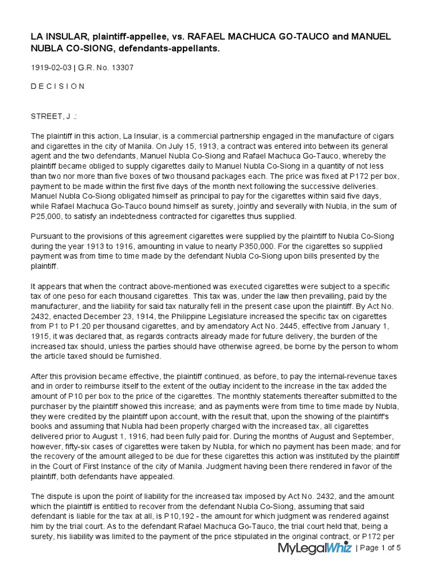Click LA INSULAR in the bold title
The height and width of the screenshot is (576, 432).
coord(56,37)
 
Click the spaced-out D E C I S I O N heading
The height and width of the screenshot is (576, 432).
coord(57,87)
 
